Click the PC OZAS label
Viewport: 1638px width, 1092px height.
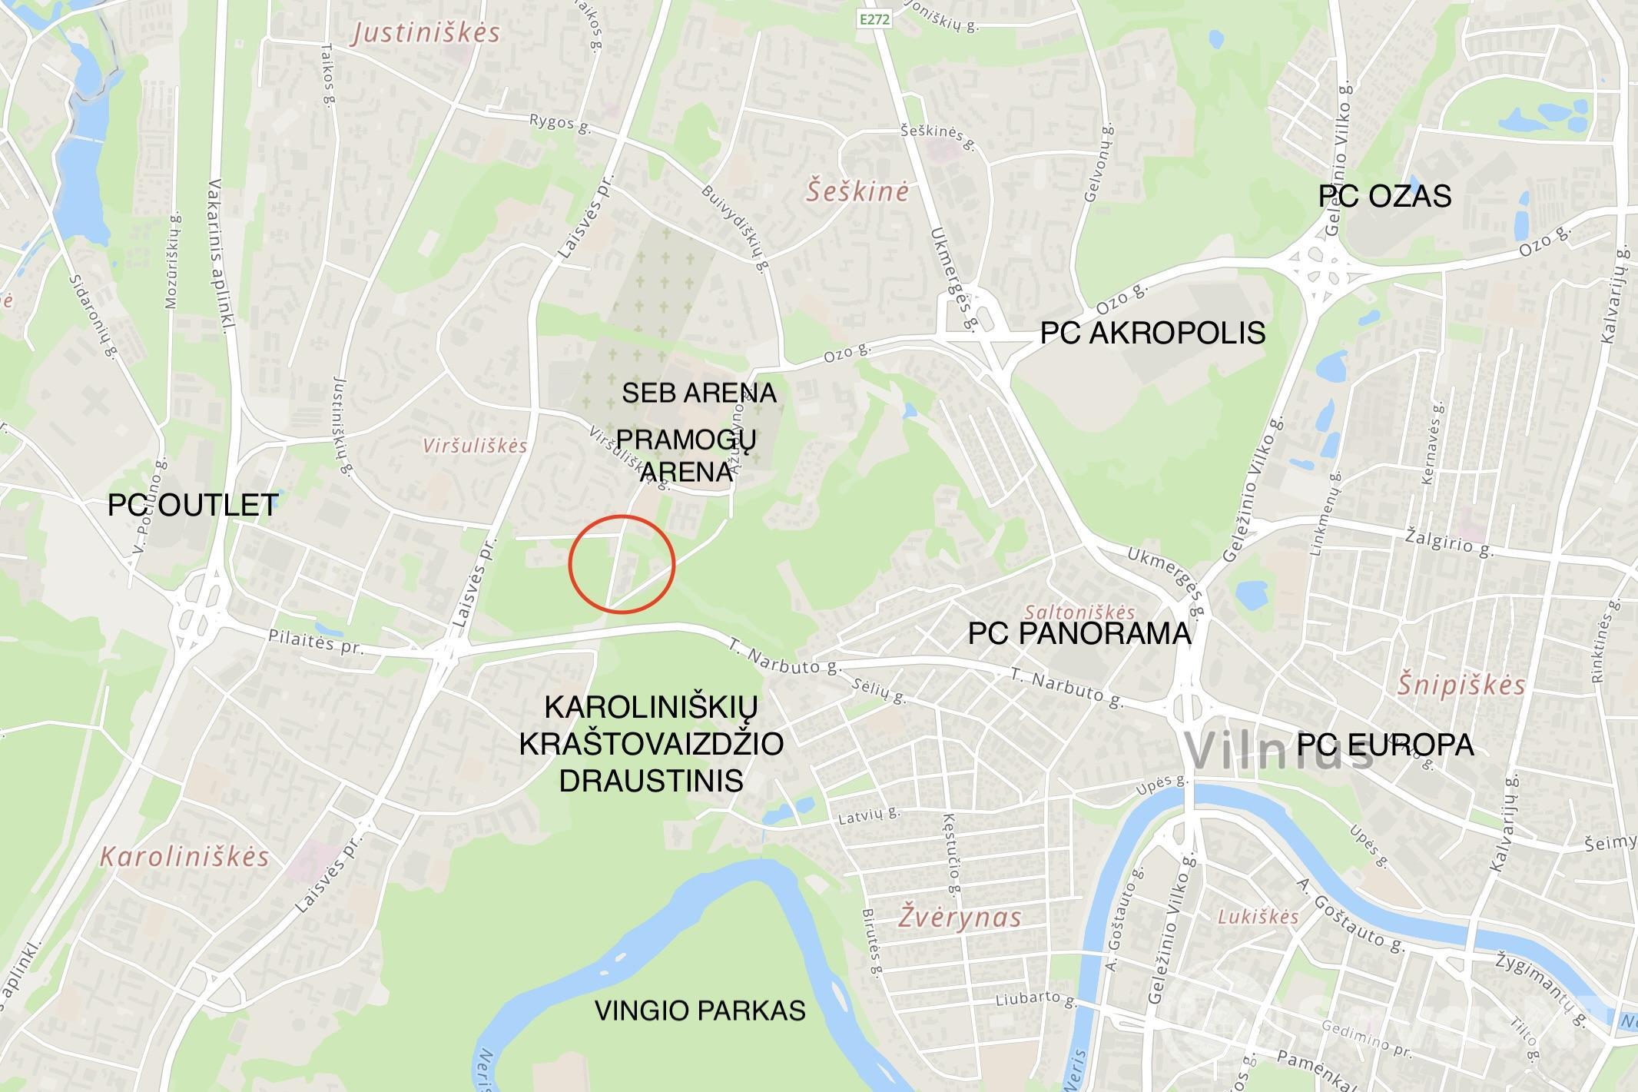[1384, 196]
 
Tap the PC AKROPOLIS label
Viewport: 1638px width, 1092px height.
[1152, 333]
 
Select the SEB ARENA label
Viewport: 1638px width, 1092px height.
[699, 393]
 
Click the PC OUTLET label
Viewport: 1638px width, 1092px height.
[193, 505]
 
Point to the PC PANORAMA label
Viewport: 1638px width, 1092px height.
[1079, 633]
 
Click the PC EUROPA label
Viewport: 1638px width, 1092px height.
[1385, 744]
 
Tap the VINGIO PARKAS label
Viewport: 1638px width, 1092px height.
[700, 1010]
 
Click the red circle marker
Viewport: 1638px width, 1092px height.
[622, 565]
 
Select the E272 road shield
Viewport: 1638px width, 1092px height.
[874, 20]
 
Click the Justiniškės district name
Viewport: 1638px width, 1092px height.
[426, 33]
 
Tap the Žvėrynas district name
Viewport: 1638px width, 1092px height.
[960, 917]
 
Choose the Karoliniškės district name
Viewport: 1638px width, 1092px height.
[184, 856]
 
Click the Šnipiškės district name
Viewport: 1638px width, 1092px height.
[1461, 684]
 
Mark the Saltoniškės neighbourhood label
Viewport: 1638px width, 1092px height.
[1079, 612]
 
